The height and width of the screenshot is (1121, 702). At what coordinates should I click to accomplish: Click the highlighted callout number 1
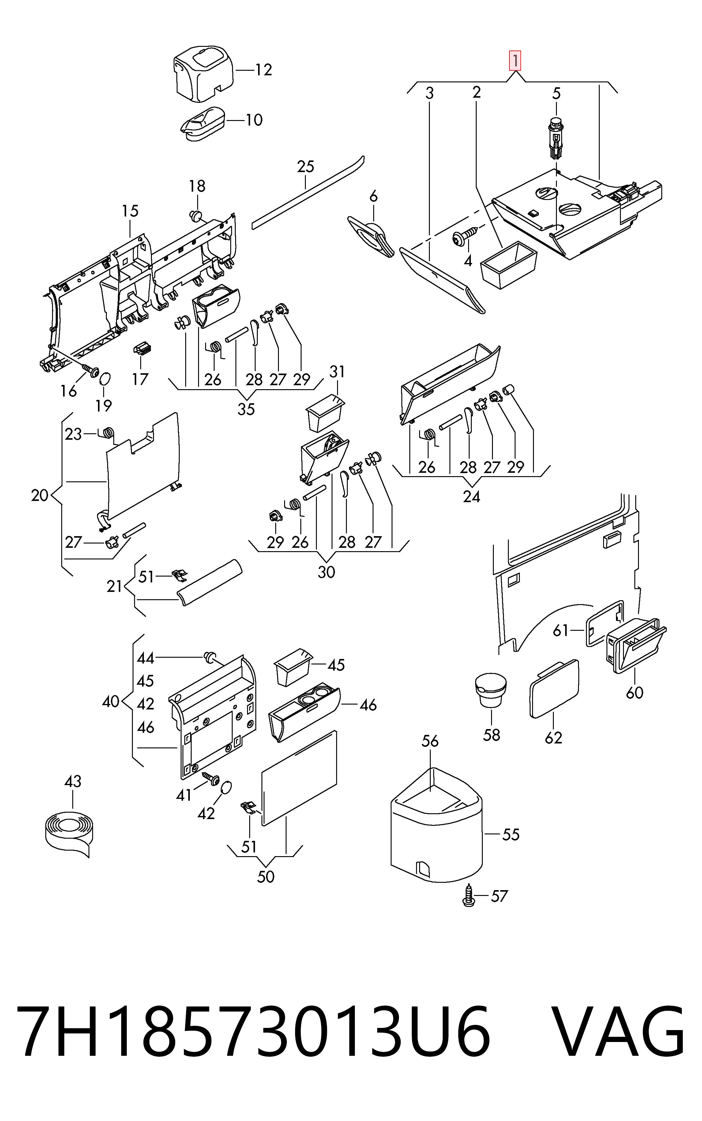[x=515, y=61]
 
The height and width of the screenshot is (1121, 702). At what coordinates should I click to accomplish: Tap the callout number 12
[x=263, y=70]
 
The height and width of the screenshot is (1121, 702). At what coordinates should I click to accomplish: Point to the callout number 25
[x=306, y=166]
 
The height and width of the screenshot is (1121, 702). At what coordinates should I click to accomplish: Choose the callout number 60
[x=634, y=693]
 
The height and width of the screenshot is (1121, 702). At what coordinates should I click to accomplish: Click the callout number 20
[x=39, y=496]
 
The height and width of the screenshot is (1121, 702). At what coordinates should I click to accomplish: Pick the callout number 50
[x=265, y=877]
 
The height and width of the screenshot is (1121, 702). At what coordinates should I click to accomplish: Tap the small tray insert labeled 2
[x=509, y=265]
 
